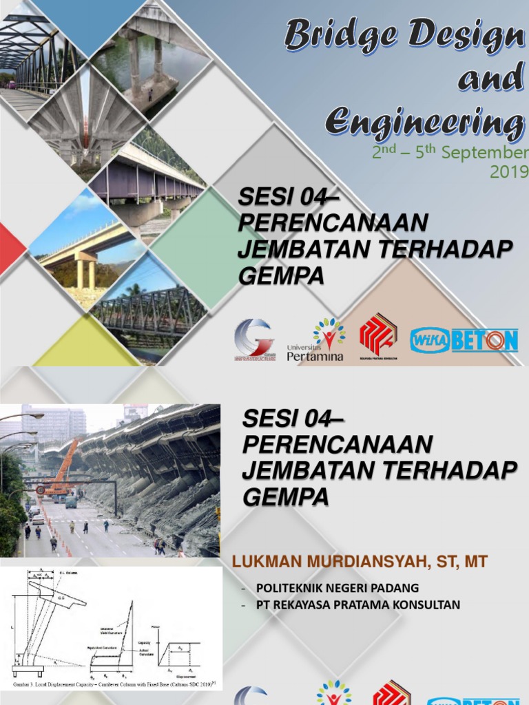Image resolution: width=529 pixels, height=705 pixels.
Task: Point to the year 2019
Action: [508, 172]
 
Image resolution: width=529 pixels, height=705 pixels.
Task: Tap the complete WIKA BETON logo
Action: [464, 341]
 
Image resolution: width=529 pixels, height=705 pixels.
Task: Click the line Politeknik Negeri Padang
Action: [337, 588]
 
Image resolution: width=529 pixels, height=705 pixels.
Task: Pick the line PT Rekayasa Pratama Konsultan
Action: [357, 605]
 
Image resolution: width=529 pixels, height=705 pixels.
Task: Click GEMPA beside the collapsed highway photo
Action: [285, 496]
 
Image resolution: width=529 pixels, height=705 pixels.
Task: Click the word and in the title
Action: [491, 78]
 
